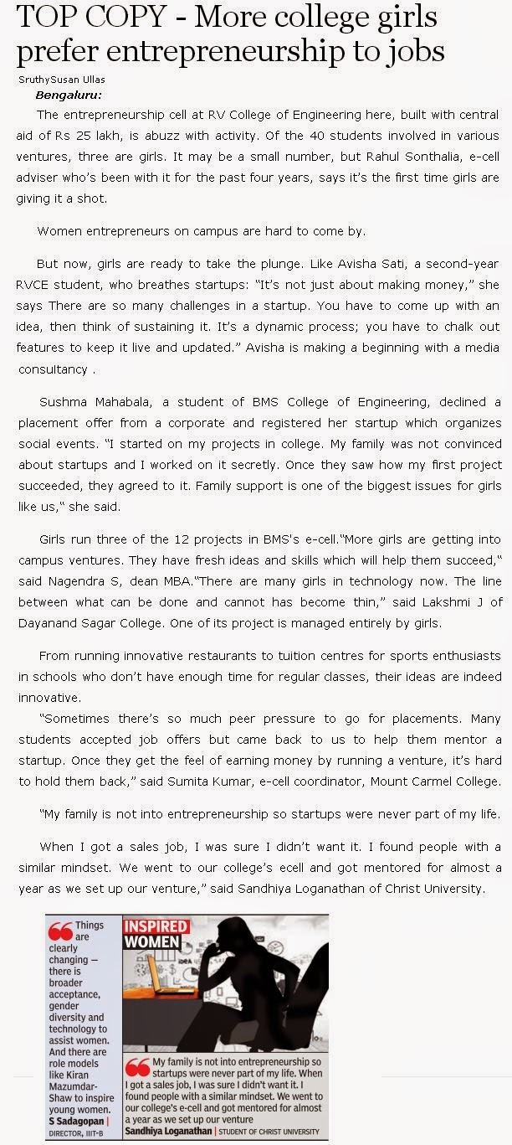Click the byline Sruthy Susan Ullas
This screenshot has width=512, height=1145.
61,80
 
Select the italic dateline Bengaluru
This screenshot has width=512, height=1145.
69,95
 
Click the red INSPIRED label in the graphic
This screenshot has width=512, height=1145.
156,926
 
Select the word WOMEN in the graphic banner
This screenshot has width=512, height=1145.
151,941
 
